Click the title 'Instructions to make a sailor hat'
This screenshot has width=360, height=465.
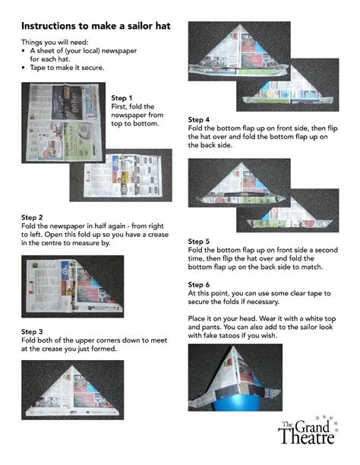[96, 26]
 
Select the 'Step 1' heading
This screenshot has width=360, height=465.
[122, 98]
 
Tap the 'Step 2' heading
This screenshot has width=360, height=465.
[32, 217]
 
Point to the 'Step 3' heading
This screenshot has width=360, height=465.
[32, 332]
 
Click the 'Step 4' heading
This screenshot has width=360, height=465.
[199, 120]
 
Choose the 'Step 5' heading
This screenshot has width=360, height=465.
[199, 241]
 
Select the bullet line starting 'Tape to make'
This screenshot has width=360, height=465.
[67, 67]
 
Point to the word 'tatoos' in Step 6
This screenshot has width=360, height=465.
[248, 335]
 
